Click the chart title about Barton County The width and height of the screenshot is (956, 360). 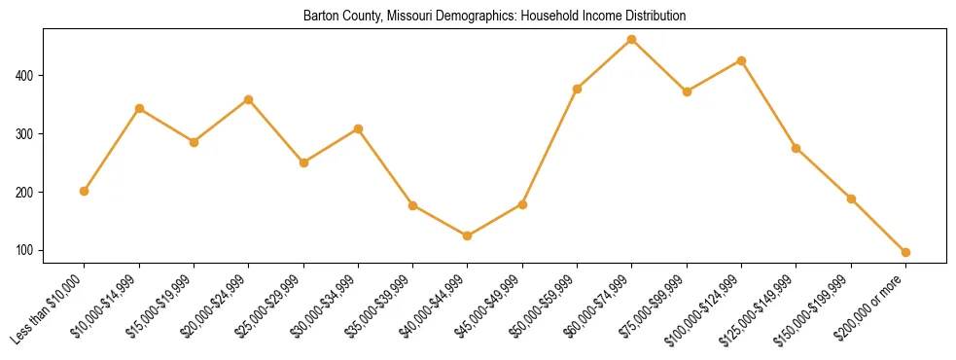click(494, 16)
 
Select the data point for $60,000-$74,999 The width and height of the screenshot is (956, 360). click(632, 39)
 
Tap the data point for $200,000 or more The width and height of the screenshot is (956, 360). click(905, 252)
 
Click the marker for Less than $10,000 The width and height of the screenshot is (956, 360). click(85, 191)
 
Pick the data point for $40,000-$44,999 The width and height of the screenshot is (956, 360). click(468, 235)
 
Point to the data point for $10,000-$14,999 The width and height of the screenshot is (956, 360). click(139, 108)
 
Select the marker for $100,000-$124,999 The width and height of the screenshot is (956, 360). click(741, 60)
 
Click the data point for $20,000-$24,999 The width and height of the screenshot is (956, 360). click(249, 99)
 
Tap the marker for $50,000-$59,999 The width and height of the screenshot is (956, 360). click(577, 89)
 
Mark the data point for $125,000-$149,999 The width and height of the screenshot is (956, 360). click(797, 148)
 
